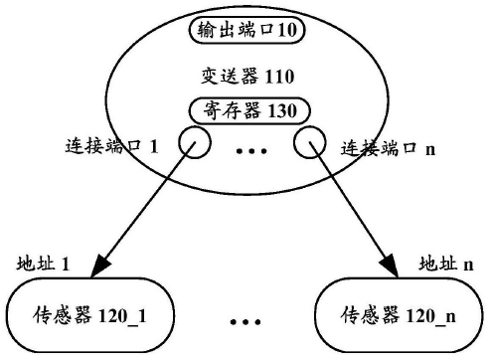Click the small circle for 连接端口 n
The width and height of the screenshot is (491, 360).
tap(309, 146)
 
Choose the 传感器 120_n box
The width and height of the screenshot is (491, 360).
tap(397, 317)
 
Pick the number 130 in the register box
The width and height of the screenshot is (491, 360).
tap(286, 109)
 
